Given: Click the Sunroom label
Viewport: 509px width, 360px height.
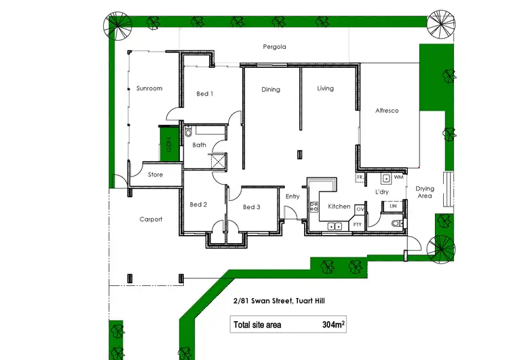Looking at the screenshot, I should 149,89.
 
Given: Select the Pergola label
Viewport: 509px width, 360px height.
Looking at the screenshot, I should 274,48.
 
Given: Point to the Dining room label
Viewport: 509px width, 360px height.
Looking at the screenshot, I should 271,90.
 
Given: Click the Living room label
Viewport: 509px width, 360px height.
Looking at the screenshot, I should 325,88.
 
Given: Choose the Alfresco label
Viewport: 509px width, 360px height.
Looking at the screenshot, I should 387,111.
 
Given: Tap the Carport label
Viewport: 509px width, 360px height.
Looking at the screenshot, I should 151,219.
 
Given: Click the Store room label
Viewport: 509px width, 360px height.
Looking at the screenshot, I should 155,175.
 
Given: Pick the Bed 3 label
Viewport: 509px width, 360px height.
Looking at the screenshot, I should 252,207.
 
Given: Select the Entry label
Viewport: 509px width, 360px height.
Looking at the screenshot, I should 293,197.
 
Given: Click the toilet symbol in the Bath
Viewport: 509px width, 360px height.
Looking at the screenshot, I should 189,134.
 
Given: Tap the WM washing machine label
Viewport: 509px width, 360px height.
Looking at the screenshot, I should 398,178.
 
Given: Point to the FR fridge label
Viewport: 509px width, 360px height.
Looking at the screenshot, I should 360,177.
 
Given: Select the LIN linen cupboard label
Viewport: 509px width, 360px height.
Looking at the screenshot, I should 393,206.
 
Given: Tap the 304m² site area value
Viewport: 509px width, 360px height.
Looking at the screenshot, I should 334,325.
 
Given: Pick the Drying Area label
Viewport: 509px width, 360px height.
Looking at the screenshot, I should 424,192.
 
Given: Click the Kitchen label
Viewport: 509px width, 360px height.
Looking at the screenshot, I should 339,206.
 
